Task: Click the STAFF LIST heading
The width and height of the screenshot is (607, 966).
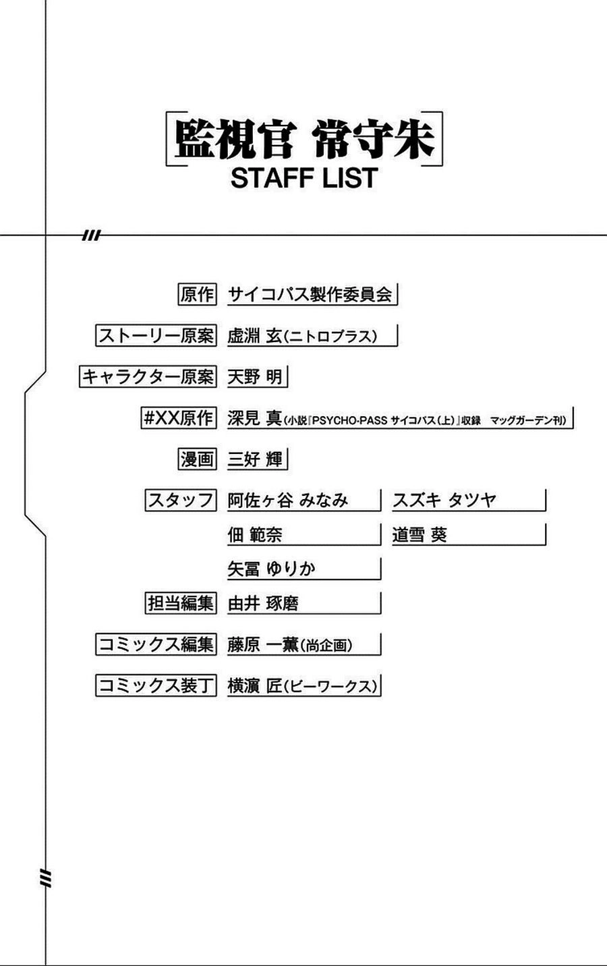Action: pos(303,178)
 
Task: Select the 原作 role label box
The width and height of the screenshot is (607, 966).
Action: pos(196,295)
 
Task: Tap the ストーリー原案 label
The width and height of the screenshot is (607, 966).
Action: pos(155,336)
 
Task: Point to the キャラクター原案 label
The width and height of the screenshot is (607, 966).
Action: pos(147,376)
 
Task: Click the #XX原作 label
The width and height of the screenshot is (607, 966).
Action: pos(177,418)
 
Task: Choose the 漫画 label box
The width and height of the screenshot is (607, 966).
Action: pos(196,459)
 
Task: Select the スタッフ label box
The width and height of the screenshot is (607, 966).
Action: pos(180,501)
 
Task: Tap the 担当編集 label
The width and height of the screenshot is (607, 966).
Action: pos(180,603)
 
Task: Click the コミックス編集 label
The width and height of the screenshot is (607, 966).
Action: pos(155,645)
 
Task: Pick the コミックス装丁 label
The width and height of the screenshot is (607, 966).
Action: pos(155,686)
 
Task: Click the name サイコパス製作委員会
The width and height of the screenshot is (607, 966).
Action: pos(310,295)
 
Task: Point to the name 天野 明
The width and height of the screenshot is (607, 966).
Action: pos(255,376)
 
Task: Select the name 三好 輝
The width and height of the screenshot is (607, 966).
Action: pos(255,459)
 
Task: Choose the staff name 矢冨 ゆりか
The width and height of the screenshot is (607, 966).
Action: pos(271,569)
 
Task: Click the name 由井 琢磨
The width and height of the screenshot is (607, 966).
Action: pos(263,603)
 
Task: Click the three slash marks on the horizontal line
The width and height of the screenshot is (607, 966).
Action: pos(90,235)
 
